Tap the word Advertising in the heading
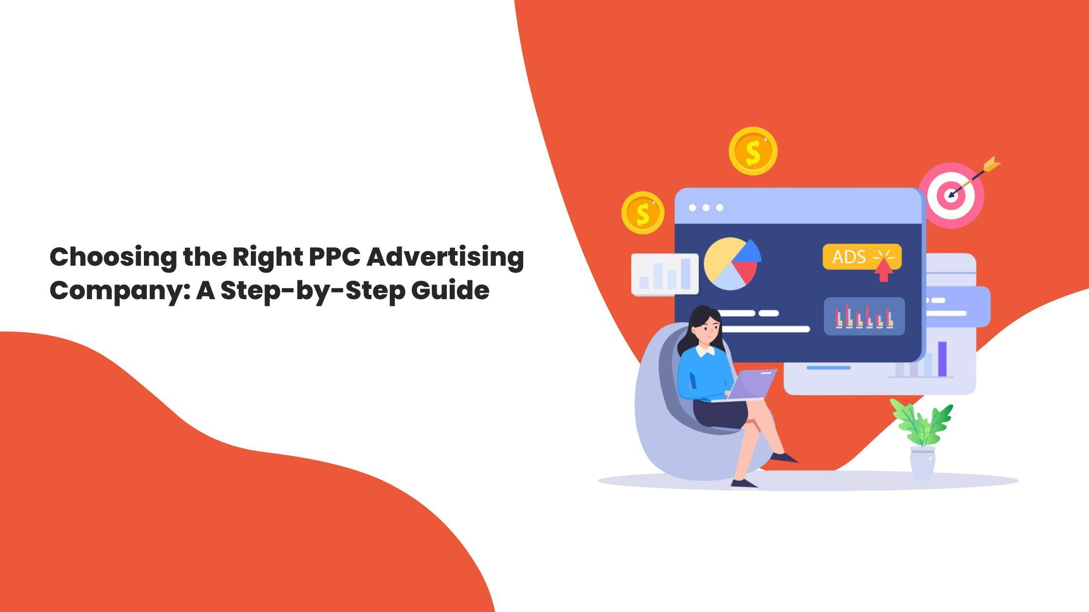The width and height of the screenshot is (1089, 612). click(445, 257)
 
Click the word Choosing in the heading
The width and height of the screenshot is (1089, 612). click(113, 257)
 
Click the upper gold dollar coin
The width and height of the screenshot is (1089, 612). click(753, 151)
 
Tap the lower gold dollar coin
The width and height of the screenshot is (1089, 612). click(643, 213)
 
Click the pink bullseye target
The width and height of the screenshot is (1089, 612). click(951, 196)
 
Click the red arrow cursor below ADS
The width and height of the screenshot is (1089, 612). click(883, 272)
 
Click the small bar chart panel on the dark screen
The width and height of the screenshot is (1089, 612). click(864, 317)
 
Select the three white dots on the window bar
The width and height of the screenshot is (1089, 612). click(706, 208)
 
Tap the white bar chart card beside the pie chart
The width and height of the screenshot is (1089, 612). click(664, 274)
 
